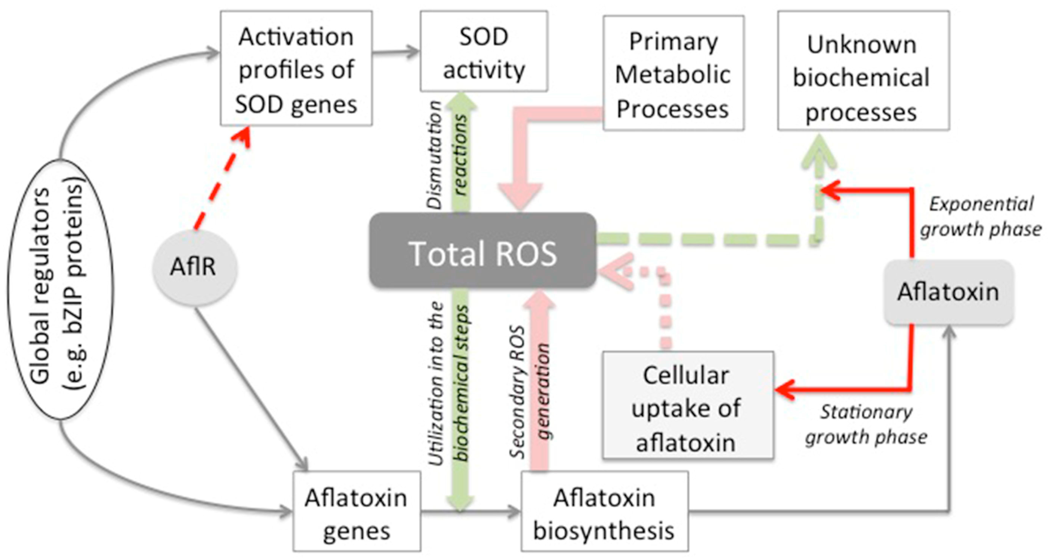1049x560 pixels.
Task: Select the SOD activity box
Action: pos(484,52)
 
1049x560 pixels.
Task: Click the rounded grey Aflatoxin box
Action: pos(948,292)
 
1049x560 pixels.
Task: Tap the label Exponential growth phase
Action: pos(980,217)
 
